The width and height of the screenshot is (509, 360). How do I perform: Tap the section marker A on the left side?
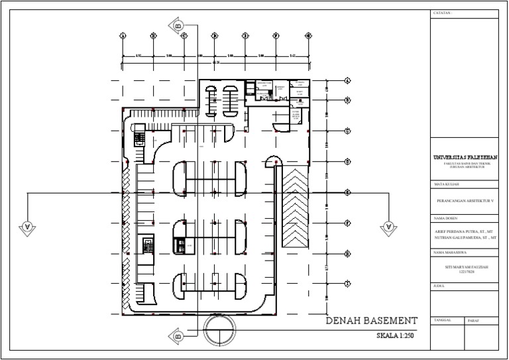click(27, 226)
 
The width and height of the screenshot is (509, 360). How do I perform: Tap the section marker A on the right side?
click(388, 227)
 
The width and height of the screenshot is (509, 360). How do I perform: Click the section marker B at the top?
click(178, 26)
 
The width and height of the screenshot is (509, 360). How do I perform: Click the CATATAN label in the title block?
click(443, 13)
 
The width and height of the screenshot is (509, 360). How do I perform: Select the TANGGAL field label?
click(442, 320)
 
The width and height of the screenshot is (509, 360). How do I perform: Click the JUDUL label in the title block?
click(438, 286)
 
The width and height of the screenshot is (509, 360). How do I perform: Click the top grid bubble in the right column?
click(347, 81)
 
